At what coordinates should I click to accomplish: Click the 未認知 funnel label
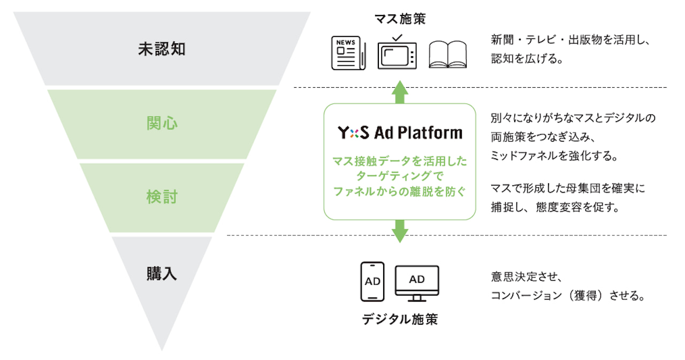tap(162, 49)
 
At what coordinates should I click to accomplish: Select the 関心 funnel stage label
tap(162, 124)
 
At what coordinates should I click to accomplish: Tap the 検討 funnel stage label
tap(162, 197)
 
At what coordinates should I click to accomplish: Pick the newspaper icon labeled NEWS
tap(348, 52)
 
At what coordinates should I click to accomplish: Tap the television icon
tap(397, 52)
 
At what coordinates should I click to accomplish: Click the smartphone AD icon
tap(372, 281)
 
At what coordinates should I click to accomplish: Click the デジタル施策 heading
tap(400, 320)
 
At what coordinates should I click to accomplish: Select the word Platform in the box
tap(432, 133)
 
